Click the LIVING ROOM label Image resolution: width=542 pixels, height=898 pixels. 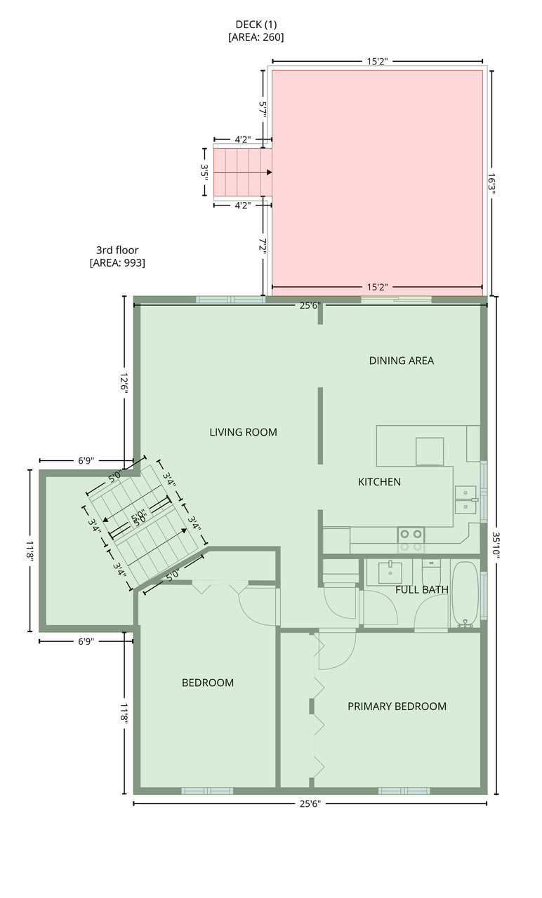click(243, 432)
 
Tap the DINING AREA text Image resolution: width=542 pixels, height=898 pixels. click(401, 361)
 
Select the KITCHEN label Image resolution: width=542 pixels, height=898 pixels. click(379, 482)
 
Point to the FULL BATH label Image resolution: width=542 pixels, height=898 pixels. click(422, 590)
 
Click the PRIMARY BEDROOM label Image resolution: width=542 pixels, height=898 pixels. click(397, 706)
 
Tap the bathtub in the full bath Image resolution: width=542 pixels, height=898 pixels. click(465, 594)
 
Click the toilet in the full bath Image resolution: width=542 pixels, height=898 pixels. click(431, 572)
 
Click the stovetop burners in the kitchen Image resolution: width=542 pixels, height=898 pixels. click(411, 540)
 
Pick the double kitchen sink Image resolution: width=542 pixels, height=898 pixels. click(465, 500)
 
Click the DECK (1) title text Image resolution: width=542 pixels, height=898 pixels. click(256, 25)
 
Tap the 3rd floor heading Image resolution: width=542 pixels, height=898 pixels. click(117, 250)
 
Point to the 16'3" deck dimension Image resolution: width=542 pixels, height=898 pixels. click(492, 183)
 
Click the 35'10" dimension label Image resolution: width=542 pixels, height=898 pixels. click(496, 545)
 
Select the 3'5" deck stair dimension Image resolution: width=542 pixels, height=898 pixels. click(204, 173)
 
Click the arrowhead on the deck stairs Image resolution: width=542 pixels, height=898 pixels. click(269, 173)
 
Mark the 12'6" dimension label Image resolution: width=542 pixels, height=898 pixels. click(124, 384)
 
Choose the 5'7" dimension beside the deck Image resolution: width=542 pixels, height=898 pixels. click(263, 109)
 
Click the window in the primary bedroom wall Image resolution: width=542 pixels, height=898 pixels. click(404, 791)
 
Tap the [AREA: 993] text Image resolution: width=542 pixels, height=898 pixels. click(117, 263)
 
